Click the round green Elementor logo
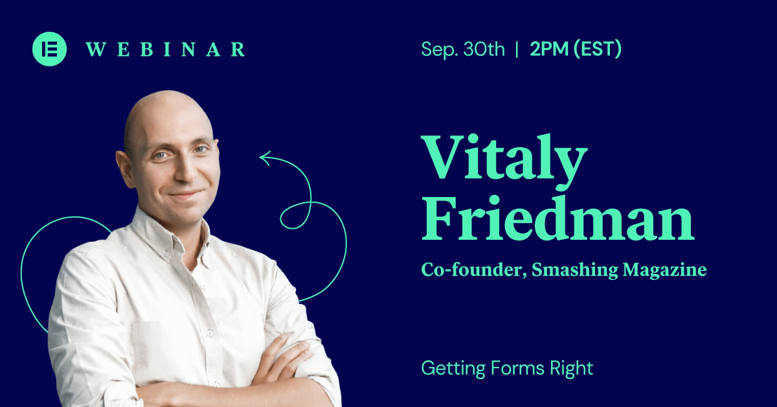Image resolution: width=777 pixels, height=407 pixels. pyautogui.click(x=49, y=49)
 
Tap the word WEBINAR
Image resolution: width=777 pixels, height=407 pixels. pyautogui.click(x=166, y=49)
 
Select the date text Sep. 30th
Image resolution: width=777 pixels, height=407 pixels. pyautogui.click(x=463, y=50)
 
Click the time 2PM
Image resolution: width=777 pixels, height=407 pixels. pyautogui.click(x=549, y=49)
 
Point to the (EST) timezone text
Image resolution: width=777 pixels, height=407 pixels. pyautogui.click(x=597, y=49)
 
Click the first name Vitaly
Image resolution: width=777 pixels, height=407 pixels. pyautogui.click(x=504, y=162)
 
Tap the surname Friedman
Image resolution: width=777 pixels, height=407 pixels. pyautogui.click(x=557, y=218)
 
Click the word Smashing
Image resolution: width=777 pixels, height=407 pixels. pyautogui.click(x=575, y=270)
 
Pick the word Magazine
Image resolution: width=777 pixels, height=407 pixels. pyautogui.click(x=664, y=270)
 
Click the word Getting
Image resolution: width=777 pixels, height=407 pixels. pyautogui.click(x=453, y=369)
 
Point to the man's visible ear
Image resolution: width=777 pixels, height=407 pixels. pyautogui.click(x=124, y=169)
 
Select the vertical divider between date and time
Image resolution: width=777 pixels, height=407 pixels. pyautogui.click(x=517, y=49)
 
